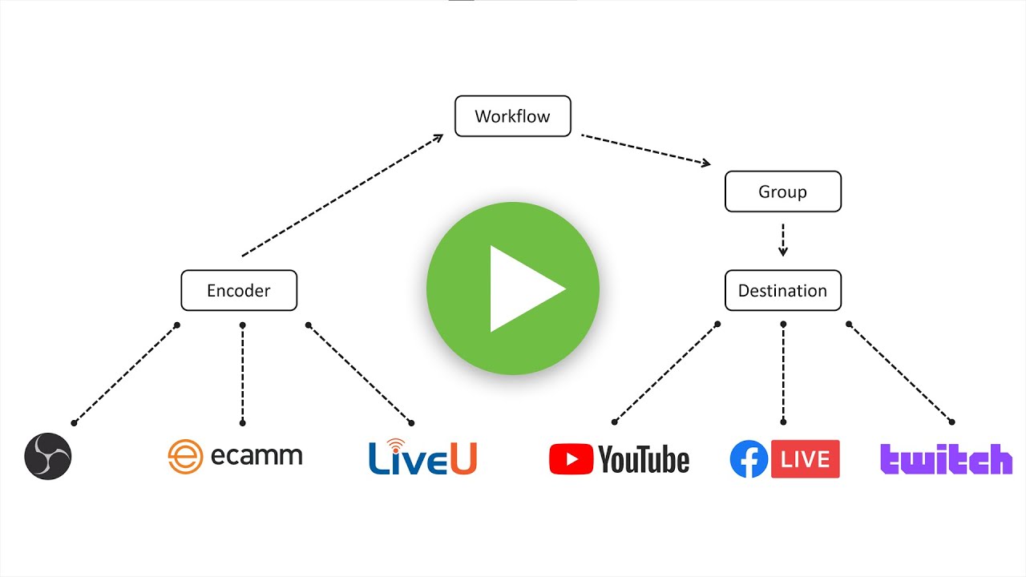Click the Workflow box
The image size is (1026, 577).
[x=513, y=116]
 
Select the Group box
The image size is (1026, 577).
[x=782, y=192]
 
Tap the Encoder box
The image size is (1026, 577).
[x=239, y=290]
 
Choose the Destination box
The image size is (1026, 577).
[x=782, y=290]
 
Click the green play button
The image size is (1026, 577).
[x=513, y=288]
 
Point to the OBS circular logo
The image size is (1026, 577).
[x=48, y=457]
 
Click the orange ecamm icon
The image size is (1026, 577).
[x=184, y=457]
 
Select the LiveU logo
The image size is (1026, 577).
[x=422, y=457]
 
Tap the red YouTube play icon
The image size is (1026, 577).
[x=571, y=459]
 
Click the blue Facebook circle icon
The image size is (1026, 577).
[x=749, y=459]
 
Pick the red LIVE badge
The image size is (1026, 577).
[x=805, y=458]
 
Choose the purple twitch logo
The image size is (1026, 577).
[x=946, y=459]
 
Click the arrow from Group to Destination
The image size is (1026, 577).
[x=783, y=240]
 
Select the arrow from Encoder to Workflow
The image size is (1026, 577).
[x=342, y=195]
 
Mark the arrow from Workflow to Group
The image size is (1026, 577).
[x=646, y=150]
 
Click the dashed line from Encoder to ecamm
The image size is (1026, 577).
[x=242, y=373]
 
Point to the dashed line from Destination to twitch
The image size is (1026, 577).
[x=900, y=373]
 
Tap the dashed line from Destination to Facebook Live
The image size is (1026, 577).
[x=783, y=373]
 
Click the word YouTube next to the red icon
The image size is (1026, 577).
[x=644, y=460]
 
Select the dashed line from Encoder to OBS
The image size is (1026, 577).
[x=125, y=373]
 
